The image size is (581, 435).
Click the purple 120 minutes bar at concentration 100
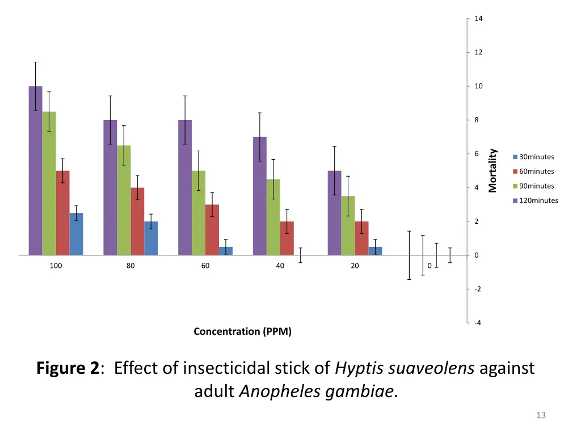(35, 170)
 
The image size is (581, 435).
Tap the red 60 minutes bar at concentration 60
(212, 230)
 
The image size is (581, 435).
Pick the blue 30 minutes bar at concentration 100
(76, 234)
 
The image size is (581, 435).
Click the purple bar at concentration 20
(335, 213)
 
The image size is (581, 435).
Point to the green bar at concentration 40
(273, 217)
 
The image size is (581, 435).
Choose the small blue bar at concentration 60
(226, 251)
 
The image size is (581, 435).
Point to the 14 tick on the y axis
(478, 19)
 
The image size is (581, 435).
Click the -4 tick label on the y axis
(478, 323)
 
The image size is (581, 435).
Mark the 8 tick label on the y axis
(477, 120)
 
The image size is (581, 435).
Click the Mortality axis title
(492, 170)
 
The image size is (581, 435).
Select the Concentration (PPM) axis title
(243, 331)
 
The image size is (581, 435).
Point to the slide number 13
(541, 416)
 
